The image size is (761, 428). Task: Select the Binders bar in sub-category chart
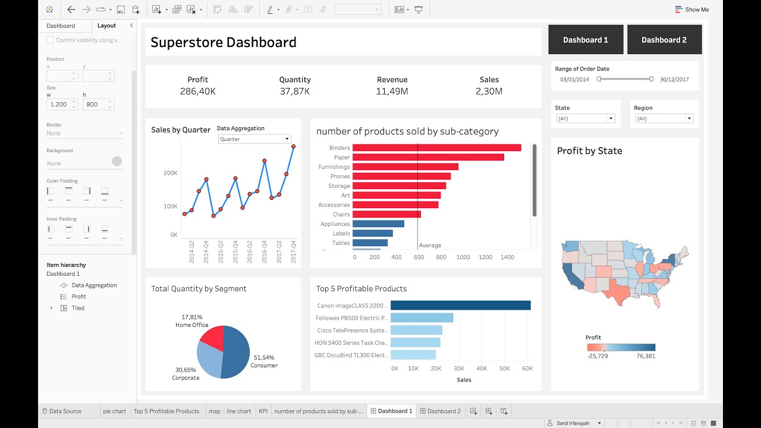tap(436, 147)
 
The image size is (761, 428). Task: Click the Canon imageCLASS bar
tap(460, 306)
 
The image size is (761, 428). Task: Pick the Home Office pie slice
tap(212, 338)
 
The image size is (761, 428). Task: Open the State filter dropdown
tap(585, 118)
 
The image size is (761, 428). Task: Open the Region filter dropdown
tap(663, 118)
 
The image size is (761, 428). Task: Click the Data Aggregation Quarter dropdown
tap(254, 139)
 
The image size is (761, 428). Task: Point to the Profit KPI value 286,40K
tap(197, 92)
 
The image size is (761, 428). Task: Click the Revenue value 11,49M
tap(392, 92)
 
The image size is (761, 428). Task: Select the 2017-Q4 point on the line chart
tap(293, 146)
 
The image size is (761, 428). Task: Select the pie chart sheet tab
tap(114, 411)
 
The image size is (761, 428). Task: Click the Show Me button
tap(692, 10)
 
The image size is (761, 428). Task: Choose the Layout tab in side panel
tap(107, 26)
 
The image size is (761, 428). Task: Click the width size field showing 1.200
tap(59, 104)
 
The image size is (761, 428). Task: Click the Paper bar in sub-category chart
tap(428, 157)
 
